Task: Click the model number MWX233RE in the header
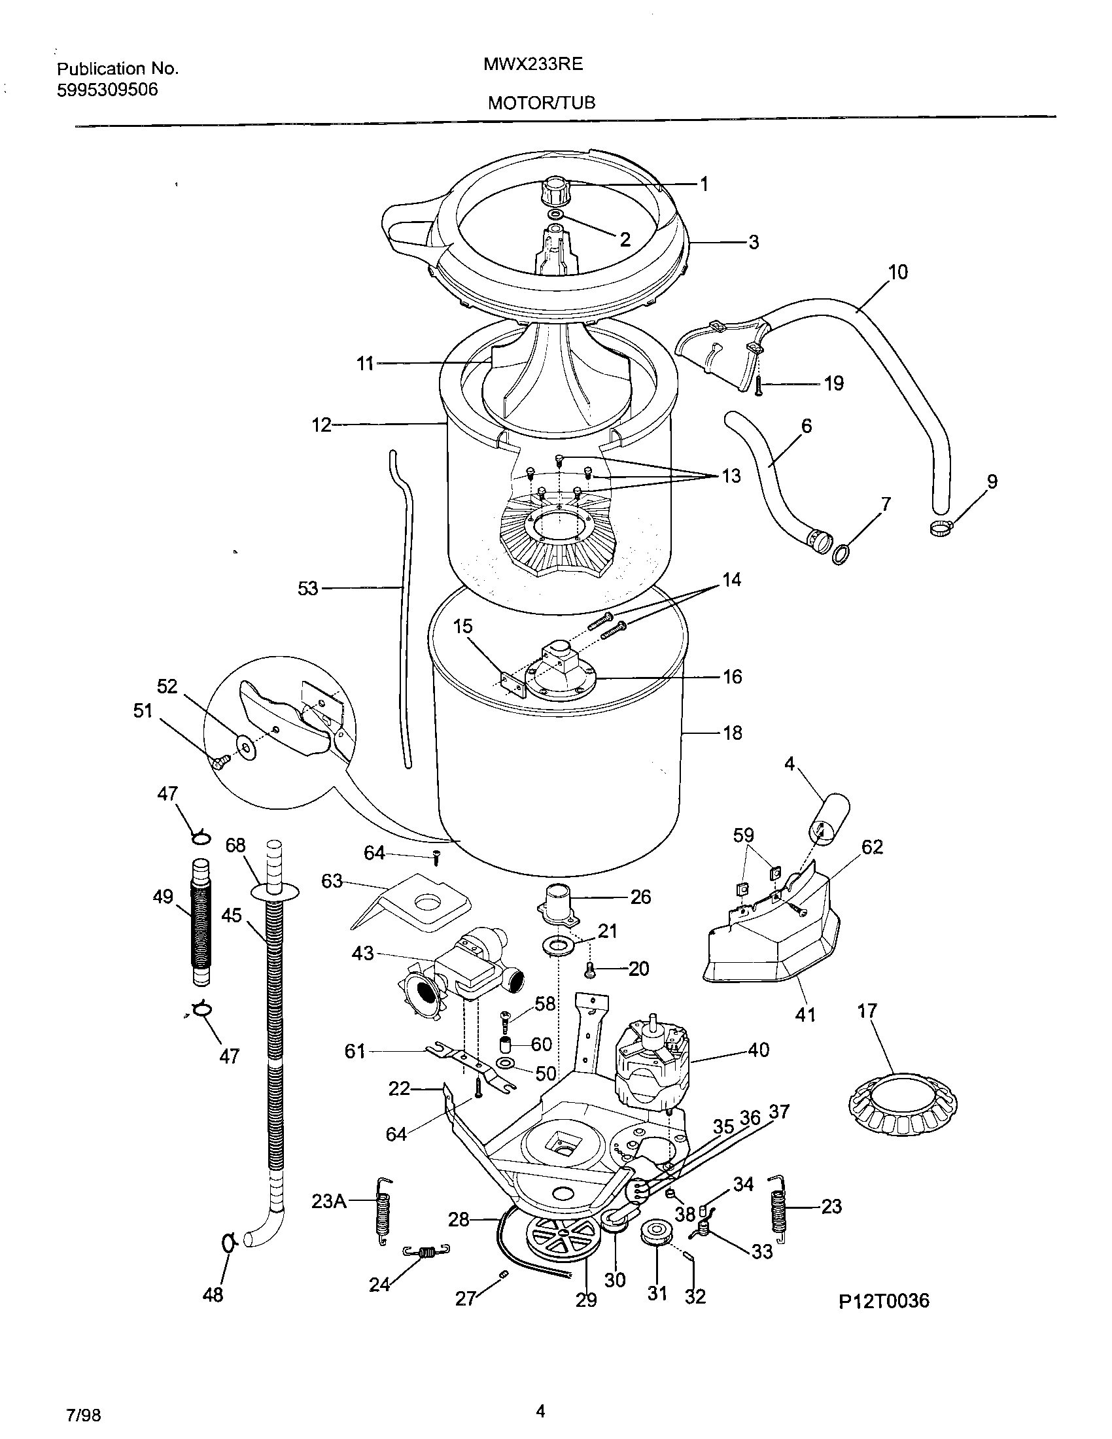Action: click(x=533, y=65)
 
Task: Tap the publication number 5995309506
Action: click(x=107, y=90)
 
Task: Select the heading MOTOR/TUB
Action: click(x=541, y=103)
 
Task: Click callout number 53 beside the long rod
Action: click(x=308, y=589)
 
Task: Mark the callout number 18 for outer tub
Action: click(x=733, y=733)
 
